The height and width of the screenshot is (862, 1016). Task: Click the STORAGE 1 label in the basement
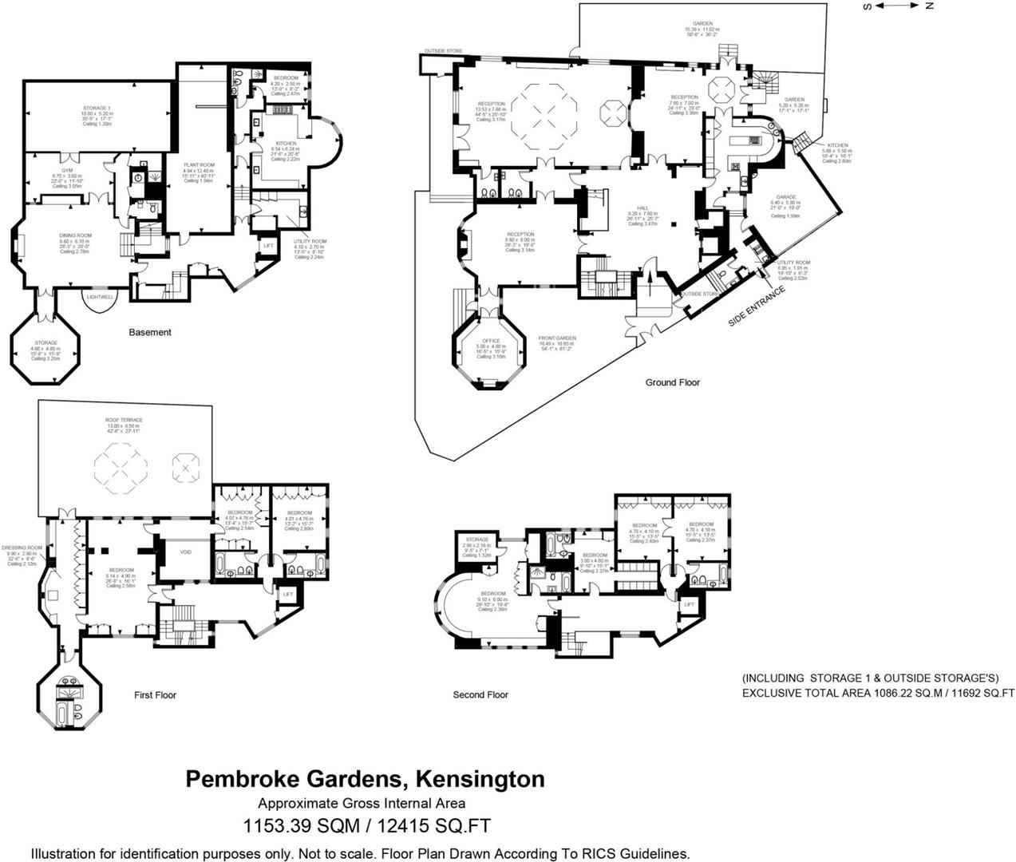tap(96, 108)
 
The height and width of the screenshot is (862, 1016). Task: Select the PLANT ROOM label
tap(199, 164)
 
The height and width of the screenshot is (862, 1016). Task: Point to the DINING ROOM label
tap(75, 235)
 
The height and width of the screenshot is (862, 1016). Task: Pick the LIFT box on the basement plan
tap(267, 246)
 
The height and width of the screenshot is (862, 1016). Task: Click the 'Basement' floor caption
tap(150, 332)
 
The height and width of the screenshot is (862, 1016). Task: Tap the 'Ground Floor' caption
tap(672, 382)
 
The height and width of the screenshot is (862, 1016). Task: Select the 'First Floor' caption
tap(155, 695)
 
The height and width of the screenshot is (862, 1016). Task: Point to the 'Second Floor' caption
tap(480, 694)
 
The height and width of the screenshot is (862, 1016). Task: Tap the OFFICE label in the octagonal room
tap(491, 341)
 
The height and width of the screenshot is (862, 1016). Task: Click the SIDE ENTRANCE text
tap(757, 306)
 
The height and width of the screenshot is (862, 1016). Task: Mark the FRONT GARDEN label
tap(557, 338)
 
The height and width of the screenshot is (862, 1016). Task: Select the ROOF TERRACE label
tap(124, 420)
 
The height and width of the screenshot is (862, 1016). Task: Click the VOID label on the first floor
tap(185, 552)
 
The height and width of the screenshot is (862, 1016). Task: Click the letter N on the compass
tap(929, 6)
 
